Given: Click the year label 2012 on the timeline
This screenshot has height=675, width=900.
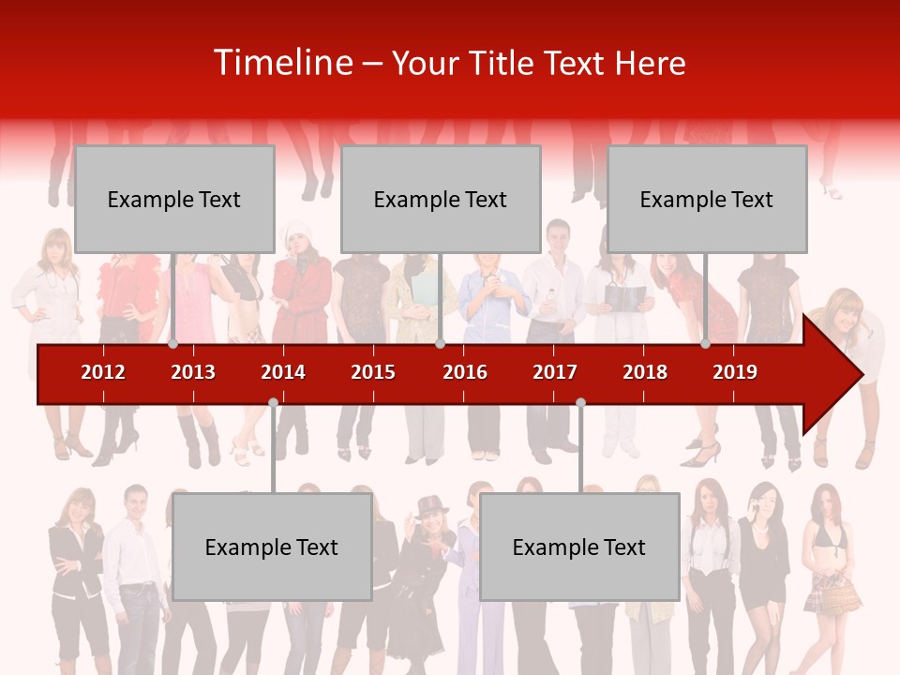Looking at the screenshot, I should pos(103,372).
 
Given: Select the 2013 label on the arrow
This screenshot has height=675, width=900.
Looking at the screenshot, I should pos(193,372).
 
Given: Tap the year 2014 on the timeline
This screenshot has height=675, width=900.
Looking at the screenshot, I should pos(283,372).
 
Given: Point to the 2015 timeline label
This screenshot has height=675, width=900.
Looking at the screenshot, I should pos(373,372).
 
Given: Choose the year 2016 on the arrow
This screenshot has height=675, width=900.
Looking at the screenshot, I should pos(465,372).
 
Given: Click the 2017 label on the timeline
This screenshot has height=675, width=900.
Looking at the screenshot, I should pos(555,372).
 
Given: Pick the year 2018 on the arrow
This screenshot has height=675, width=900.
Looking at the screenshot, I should pos(645,372).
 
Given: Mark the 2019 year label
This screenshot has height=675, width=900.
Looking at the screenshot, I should pos(735,372).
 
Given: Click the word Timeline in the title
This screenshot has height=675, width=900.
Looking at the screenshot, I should pos(283,63).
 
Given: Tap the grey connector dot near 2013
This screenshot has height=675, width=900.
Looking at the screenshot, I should pos(173,344).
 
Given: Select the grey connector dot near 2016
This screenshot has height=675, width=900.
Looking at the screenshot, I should pos(440,344).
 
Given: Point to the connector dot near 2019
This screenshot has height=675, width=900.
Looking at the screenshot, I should pos(706,344).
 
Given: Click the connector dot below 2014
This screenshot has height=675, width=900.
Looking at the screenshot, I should pos(273,402).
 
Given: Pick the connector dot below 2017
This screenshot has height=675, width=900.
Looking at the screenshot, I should pos(580,402).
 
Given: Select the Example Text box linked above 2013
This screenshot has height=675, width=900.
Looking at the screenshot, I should pos(174,199).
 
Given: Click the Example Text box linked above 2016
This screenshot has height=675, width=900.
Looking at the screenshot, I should pos(441,199).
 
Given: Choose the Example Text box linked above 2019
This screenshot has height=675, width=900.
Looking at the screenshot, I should pos(707,199).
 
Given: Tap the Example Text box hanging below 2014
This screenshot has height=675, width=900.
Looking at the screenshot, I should pos(272,547).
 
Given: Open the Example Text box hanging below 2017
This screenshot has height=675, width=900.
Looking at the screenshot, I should pos(579,547).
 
